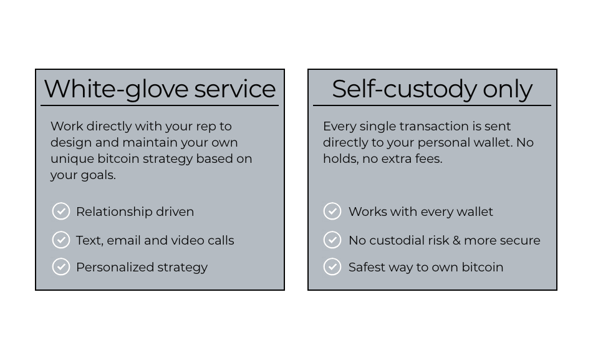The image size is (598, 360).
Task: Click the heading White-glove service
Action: tap(160, 89)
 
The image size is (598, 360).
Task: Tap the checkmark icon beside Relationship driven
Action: tap(61, 211)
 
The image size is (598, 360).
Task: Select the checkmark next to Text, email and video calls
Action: tap(61, 240)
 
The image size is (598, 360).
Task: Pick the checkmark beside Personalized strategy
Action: tap(61, 266)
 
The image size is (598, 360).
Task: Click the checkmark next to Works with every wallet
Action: tap(332, 211)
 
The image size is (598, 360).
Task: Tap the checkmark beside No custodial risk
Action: tap(332, 240)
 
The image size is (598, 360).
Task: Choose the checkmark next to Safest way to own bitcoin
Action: tap(332, 266)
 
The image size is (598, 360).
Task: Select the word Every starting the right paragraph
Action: tap(339, 127)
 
